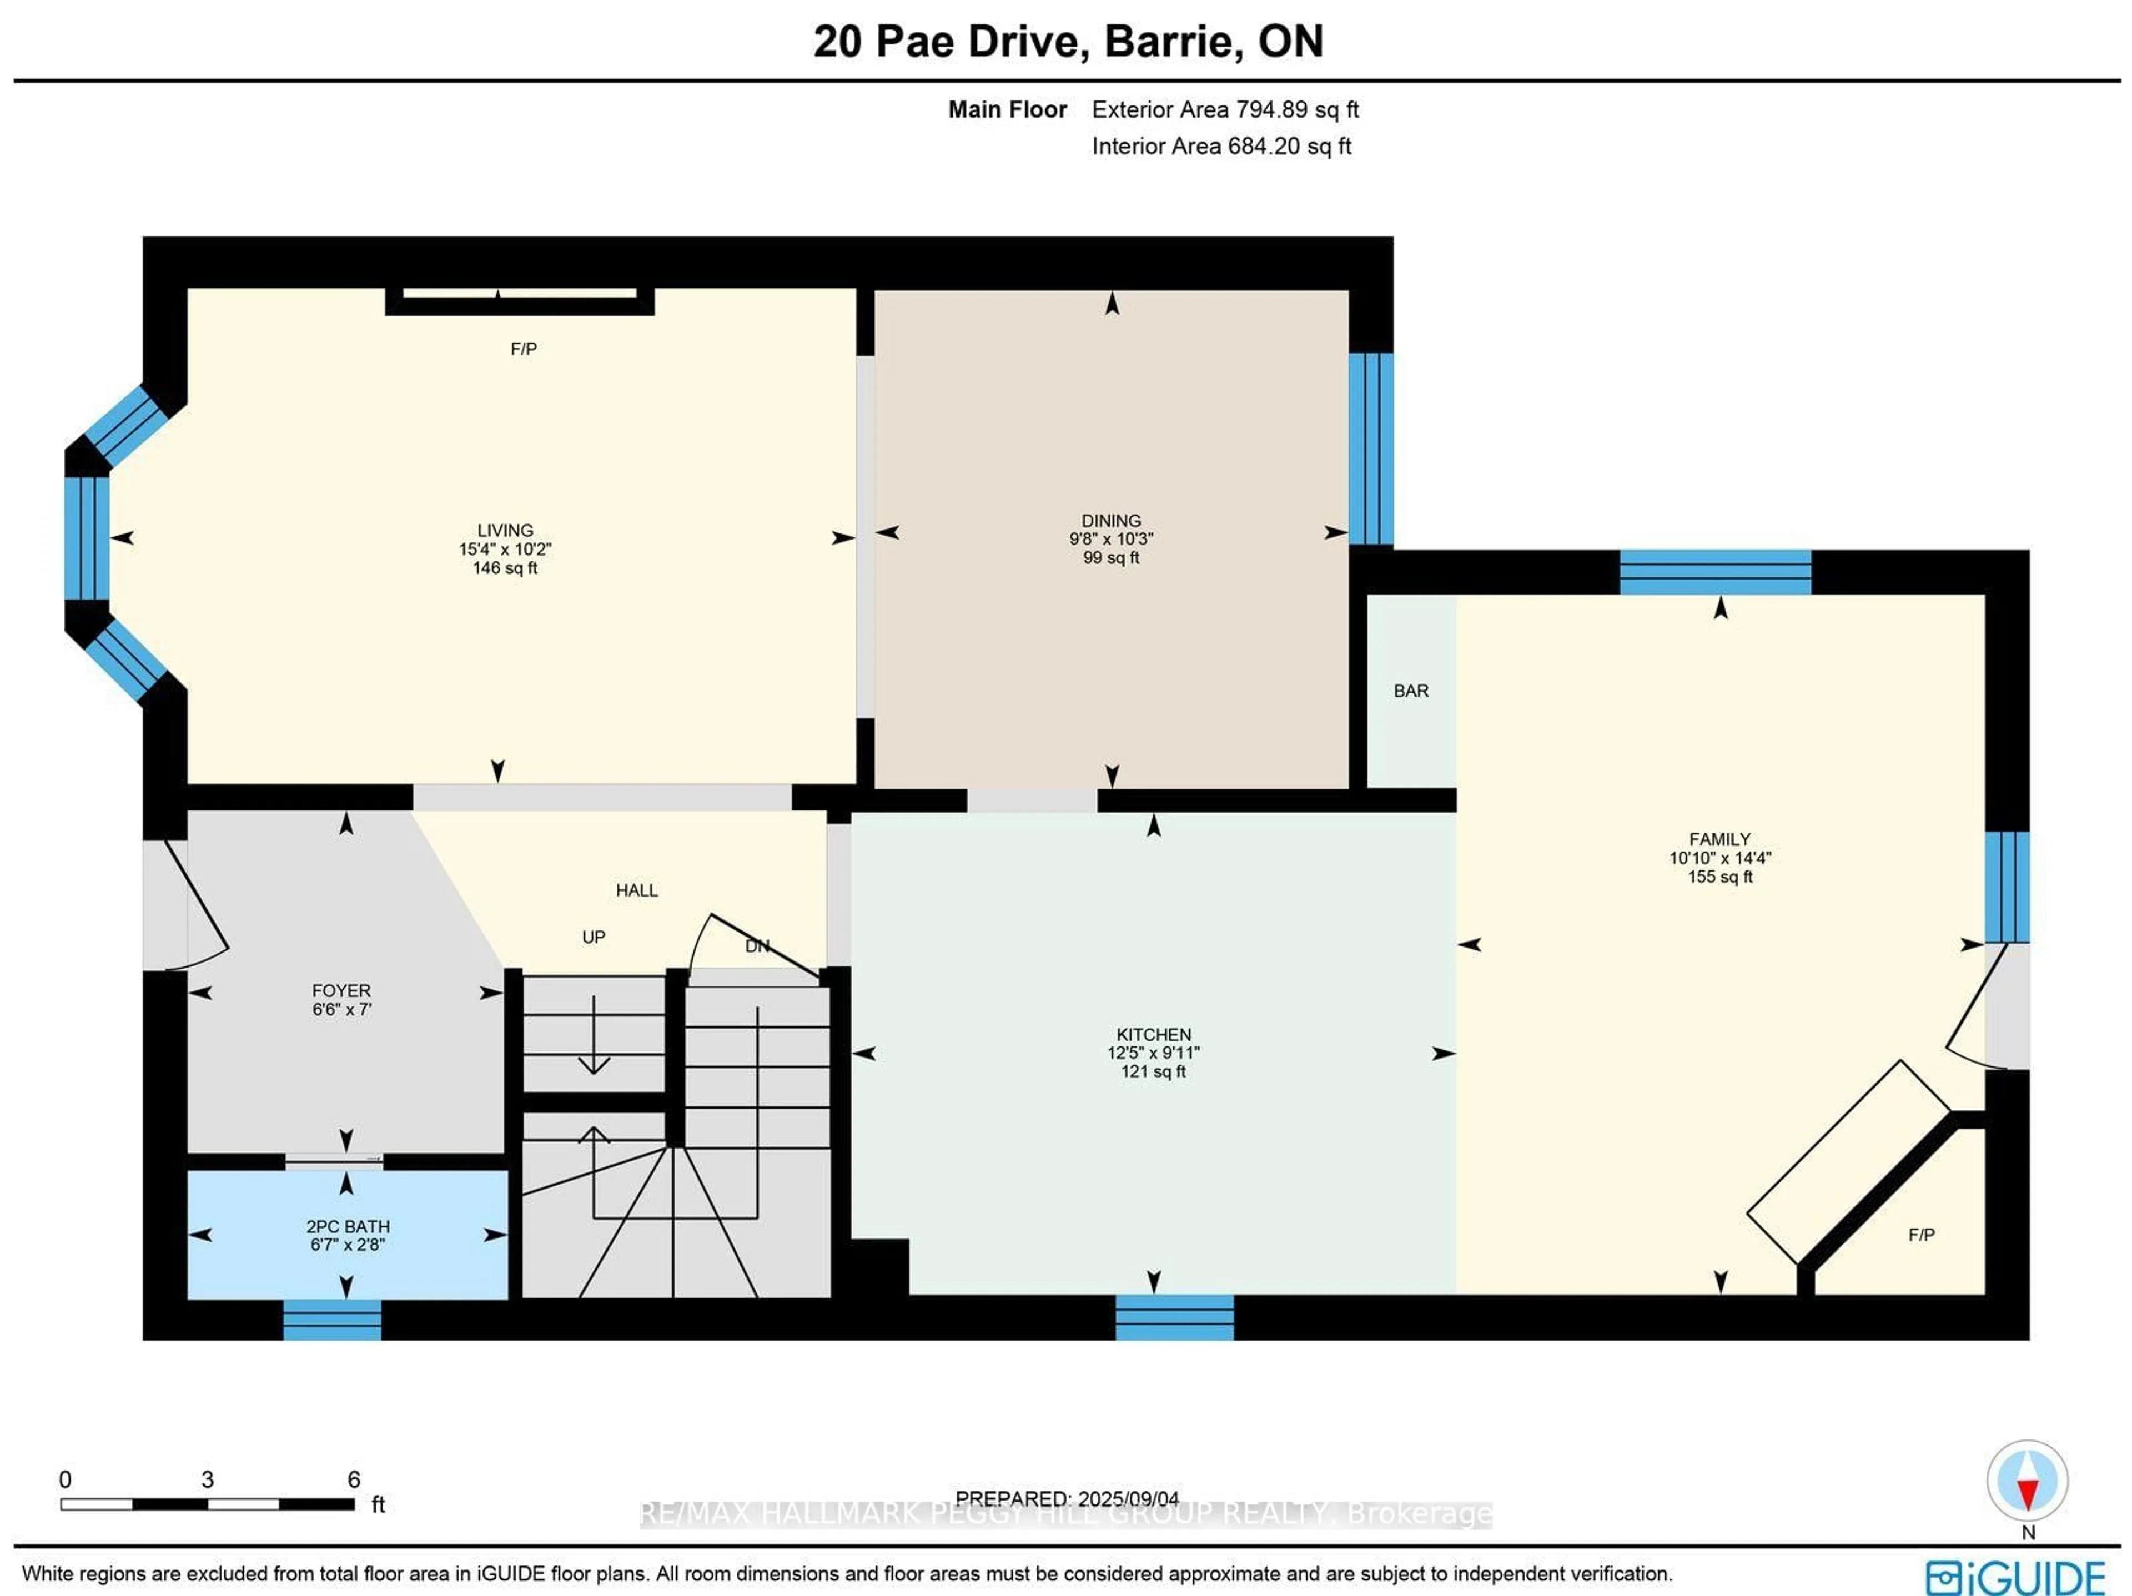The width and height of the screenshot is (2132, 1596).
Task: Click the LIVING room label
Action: click(505, 530)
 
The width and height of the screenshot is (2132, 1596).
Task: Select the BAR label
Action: click(1410, 691)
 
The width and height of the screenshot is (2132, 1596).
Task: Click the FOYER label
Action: click(341, 991)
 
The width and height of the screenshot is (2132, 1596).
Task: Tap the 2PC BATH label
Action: click(348, 1227)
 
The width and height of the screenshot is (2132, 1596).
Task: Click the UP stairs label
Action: click(594, 937)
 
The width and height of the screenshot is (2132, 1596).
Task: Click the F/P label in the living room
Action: click(524, 349)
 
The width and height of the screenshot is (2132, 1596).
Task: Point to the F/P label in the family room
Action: click(1921, 1235)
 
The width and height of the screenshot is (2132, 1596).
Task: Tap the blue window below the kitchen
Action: click(1174, 1317)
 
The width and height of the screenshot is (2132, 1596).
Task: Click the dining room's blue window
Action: click(1371, 449)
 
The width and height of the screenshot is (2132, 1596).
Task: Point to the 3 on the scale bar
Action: click(207, 1479)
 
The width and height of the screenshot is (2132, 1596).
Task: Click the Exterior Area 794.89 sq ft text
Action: click(1224, 110)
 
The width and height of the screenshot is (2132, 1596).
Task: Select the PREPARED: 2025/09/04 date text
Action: click(1067, 1499)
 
